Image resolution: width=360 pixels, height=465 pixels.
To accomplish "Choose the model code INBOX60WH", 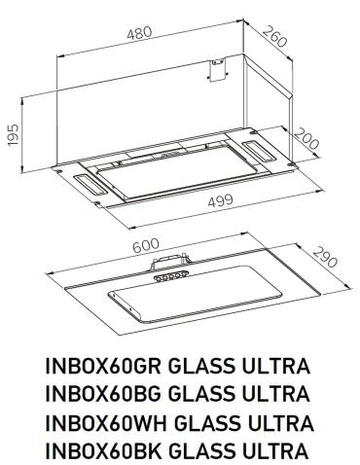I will pyautogui.click(x=105, y=423).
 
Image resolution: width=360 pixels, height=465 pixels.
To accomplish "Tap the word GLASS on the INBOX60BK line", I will pyautogui.click(x=201, y=451).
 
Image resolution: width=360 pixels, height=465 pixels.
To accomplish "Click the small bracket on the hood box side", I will pyautogui.click(x=213, y=69).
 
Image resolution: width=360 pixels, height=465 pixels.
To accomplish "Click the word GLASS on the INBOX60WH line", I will pyautogui.click(x=203, y=423).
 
